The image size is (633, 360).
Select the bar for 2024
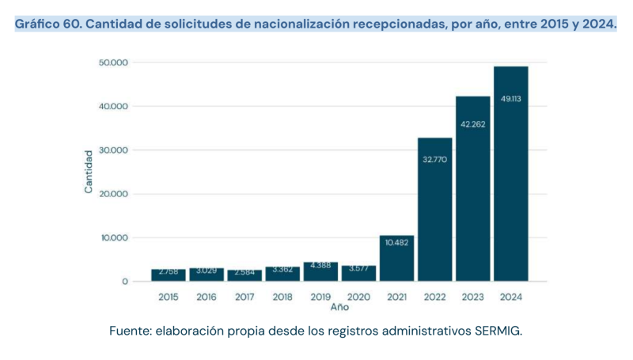point(510,174)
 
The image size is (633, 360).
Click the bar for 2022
point(434,210)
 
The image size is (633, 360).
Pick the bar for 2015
point(169,275)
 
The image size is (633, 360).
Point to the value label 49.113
point(510,99)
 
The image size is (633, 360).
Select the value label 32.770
point(434,159)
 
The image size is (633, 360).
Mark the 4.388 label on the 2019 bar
point(320,265)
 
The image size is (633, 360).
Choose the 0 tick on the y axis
point(125,282)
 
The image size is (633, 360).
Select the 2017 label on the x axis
point(244,297)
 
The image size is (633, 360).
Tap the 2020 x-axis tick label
point(358,297)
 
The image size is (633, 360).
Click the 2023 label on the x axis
point(472,297)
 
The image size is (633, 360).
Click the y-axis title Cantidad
point(89,172)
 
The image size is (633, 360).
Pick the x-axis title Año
point(339,307)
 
